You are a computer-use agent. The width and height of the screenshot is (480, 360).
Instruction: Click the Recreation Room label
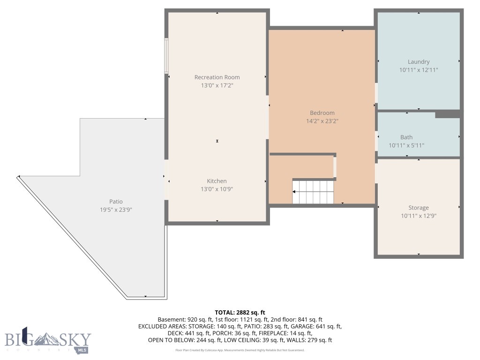(x=217, y=77)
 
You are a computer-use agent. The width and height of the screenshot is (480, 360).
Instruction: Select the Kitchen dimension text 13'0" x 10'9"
(x=217, y=189)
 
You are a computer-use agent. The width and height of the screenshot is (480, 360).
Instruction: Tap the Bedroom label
(x=322, y=113)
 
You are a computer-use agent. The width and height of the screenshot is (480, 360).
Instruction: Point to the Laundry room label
(x=419, y=62)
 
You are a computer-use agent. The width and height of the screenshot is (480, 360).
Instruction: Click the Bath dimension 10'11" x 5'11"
(x=406, y=145)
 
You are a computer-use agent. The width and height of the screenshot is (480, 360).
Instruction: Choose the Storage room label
(x=418, y=208)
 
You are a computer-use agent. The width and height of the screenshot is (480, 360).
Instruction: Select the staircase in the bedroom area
(x=313, y=191)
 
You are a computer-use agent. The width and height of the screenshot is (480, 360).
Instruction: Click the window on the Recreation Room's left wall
(x=166, y=56)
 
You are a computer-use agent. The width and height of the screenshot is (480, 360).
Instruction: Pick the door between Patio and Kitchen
(x=166, y=180)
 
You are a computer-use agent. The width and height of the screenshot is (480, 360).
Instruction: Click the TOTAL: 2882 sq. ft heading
(x=240, y=312)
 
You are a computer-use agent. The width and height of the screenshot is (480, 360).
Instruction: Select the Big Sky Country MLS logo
(x=48, y=341)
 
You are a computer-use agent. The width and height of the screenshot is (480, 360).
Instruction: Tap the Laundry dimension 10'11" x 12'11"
(x=419, y=70)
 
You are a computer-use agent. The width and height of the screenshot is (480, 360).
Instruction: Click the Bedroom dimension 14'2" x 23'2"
(x=322, y=121)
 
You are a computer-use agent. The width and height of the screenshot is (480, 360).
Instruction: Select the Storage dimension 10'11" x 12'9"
(x=418, y=216)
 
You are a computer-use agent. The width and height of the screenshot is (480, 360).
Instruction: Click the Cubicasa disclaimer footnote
(x=240, y=350)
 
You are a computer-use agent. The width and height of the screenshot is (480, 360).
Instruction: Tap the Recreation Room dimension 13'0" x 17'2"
(x=217, y=85)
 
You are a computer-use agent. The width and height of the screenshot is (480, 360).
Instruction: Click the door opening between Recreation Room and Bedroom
(x=268, y=117)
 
